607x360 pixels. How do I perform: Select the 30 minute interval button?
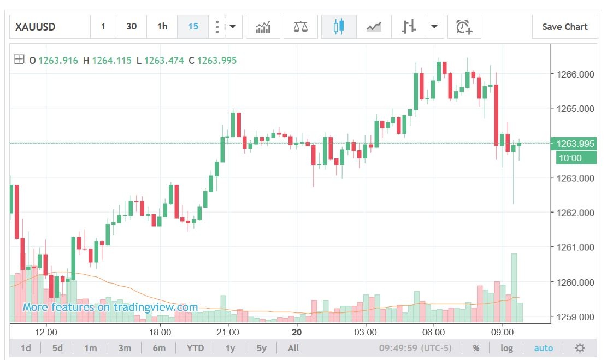pyautogui.click(x=131, y=27)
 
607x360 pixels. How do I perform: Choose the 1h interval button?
pyautogui.click(x=162, y=27)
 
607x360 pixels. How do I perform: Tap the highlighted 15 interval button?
pyautogui.click(x=193, y=27)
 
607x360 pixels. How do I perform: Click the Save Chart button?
pyautogui.click(x=565, y=27)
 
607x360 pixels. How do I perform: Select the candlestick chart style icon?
pyautogui.click(x=339, y=27)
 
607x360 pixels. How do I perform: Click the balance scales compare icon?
pyautogui.click(x=300, y=27)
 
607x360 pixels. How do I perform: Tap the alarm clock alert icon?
pyautogui.click(x=464, y=27)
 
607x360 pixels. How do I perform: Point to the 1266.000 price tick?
pyautogui.click(x=575, y=74)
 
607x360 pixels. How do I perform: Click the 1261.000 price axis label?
pyautogui.click(x=575, y=247)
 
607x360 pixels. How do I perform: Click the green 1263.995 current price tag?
pyautogui.click(x=575, y=144)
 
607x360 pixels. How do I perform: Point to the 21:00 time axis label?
pyautogui.click(x=228, y=332)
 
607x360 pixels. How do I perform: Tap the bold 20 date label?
pyautogui.click(x=297, y=332)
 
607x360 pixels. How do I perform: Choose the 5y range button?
pyautogui.click(x=262, y=348)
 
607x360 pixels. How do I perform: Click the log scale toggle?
pyautogui.click(x=506, y=348)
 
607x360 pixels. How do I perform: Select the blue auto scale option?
pyautogui.click(x=544, y=348)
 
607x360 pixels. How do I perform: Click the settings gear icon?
pyautogui.click(x=580, y=348)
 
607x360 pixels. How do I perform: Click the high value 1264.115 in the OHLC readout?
pyautogui.click(x=111, y=60)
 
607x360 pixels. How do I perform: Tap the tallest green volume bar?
pyautogui.click(x=514, y=287)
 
